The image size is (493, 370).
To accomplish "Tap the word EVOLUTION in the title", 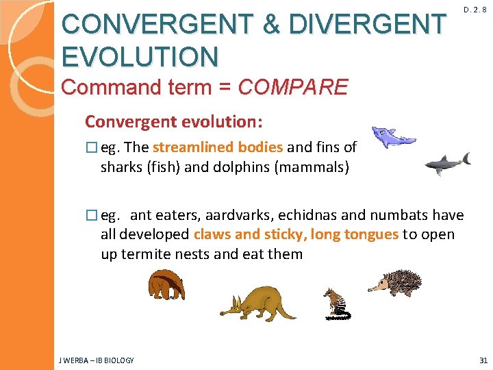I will (x=140, y=56).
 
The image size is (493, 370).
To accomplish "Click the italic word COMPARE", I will (x=292, y=88).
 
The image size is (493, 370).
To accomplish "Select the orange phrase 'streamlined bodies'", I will (x=218, y=147).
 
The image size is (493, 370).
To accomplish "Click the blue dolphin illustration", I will (x=392, y=137).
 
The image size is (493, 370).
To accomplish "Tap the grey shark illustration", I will (x=447, y=163).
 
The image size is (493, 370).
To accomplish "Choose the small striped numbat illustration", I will (x=336, y=304).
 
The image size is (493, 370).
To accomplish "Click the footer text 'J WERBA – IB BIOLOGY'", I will (x=97, y=360).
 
